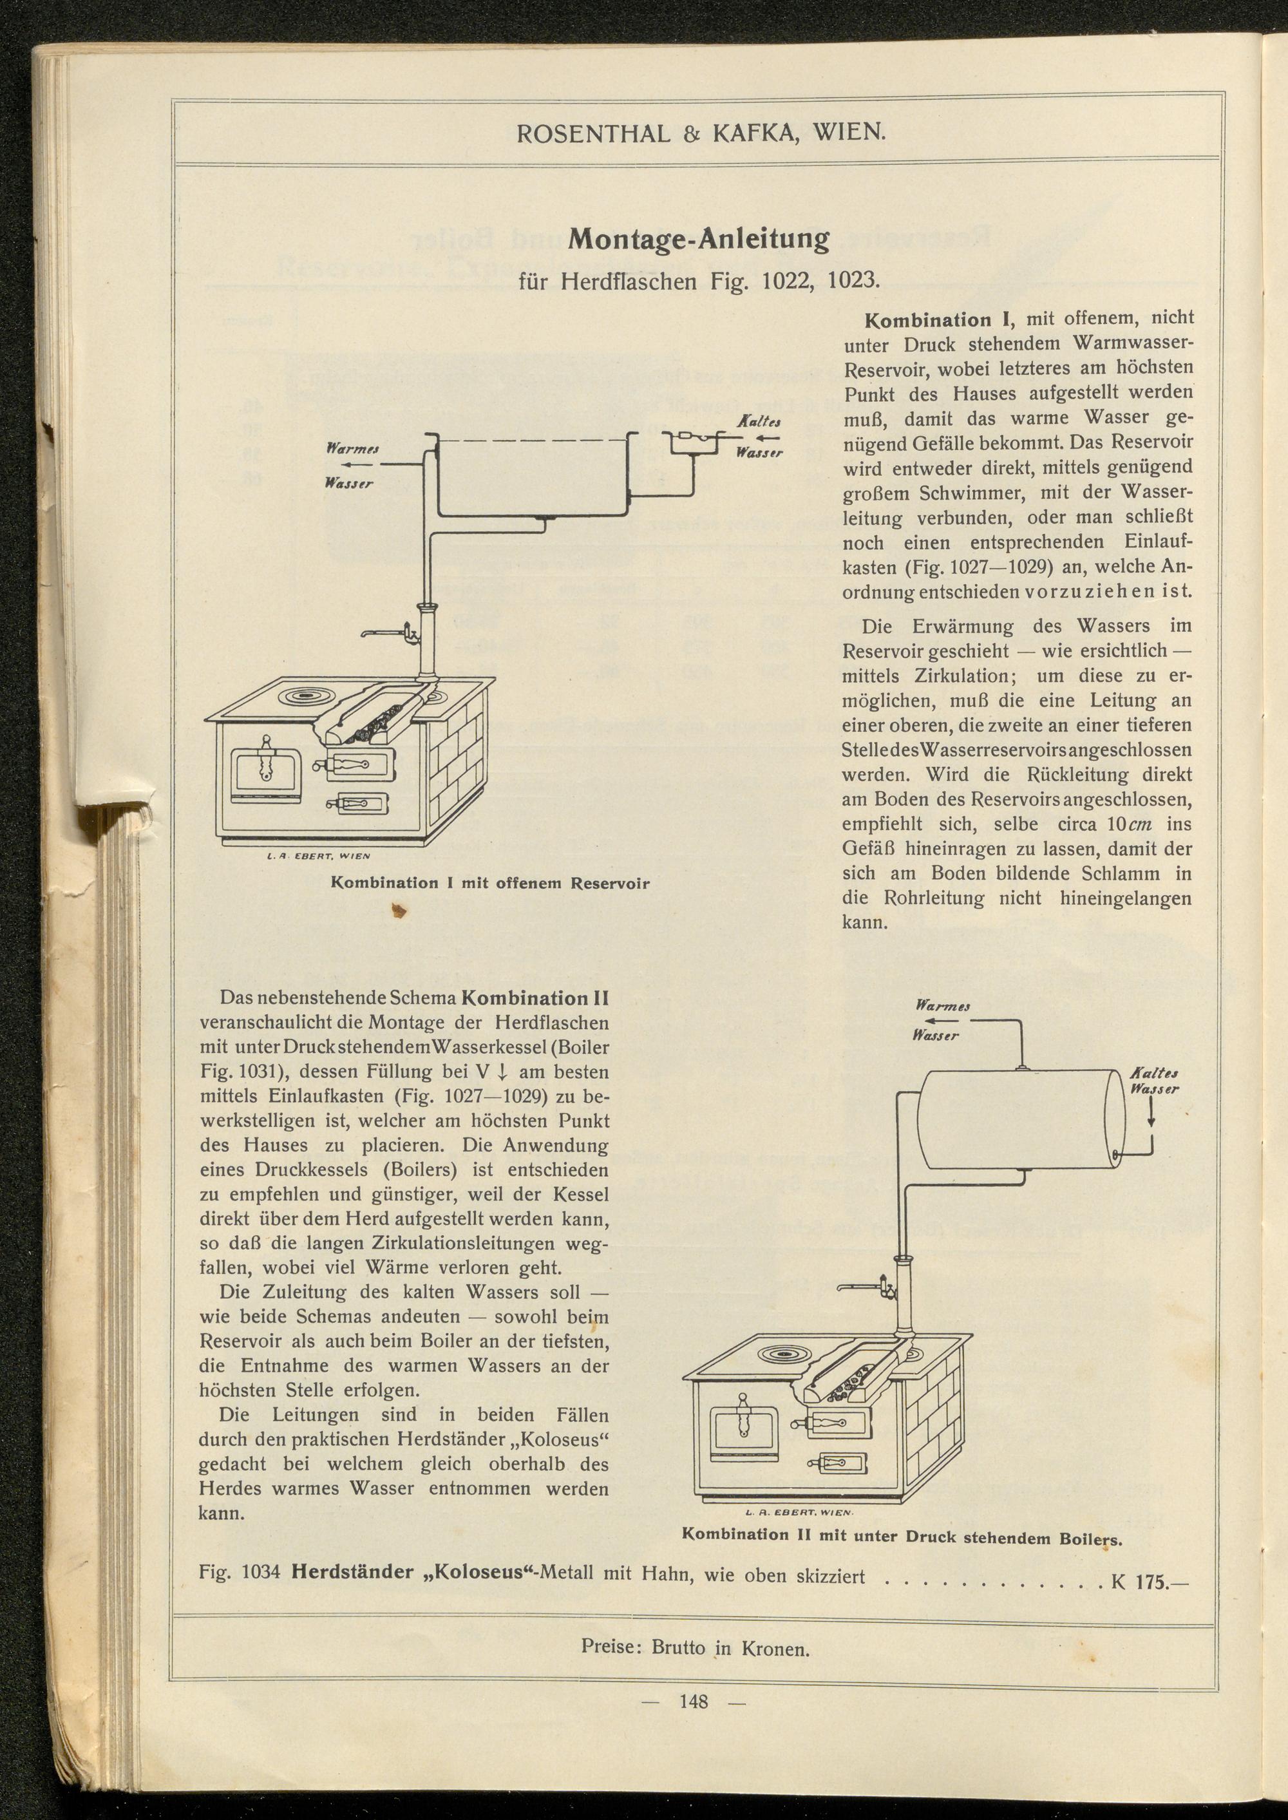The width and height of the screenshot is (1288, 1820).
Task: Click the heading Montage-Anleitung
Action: pos(699,239)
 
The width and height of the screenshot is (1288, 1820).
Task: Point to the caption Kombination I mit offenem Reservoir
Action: pos(489,883)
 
